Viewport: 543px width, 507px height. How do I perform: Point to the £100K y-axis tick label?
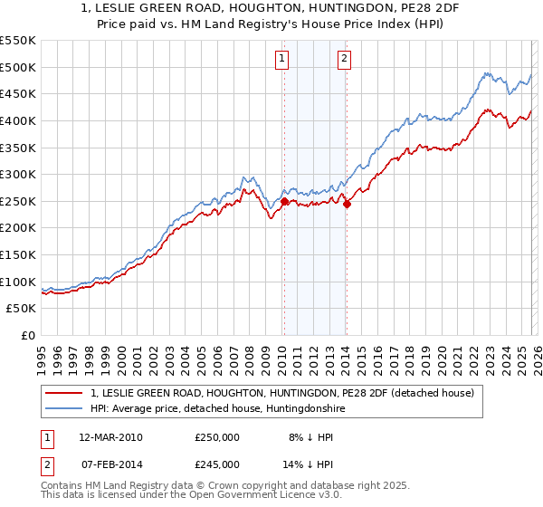(x=18, y=282)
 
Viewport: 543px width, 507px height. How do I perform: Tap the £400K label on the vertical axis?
(x=18, y=120)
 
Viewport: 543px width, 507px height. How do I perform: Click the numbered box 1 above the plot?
(x=282, y=60)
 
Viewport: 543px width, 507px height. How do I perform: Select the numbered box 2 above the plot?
(x=345, y=60)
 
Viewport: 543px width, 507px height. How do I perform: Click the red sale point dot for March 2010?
(x=284, y=202)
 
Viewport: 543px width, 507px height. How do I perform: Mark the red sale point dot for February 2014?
(x=347, y=205)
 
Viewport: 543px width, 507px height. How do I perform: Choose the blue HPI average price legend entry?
(x=216, y=409)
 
